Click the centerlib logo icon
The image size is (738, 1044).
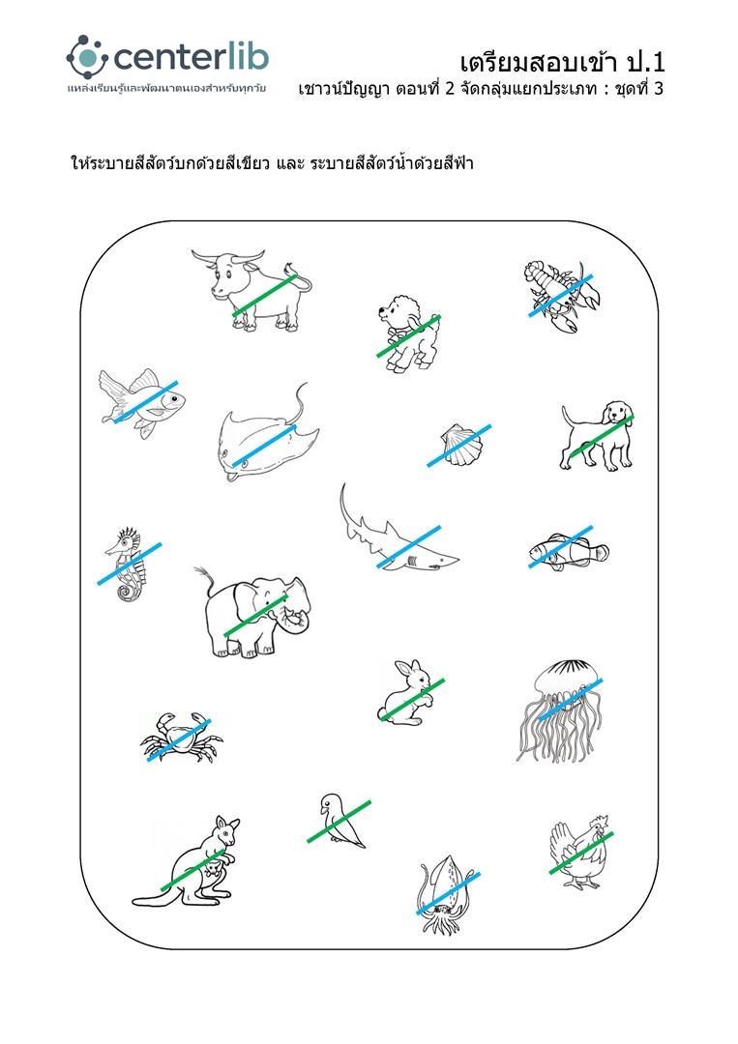[x=87, y=57]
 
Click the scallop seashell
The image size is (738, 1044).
[x=458, y=444]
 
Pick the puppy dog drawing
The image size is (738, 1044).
[x=597, y=435]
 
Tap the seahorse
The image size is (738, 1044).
[x=128, y=564]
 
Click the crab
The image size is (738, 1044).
[x=180, y=737]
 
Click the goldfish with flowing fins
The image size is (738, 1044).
[x=142, y=403]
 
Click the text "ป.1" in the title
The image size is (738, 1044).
[x=645, y=63]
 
